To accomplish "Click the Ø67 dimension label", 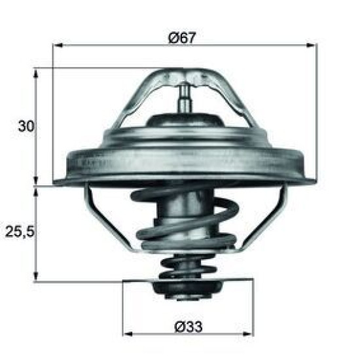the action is (x=183, y=38).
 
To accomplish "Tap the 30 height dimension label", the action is (x=26, y=126).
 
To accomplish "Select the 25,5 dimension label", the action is (x=20, y=232).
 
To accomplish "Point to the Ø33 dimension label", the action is (x=189, y=327).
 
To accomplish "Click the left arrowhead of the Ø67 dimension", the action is (x=58, y=45).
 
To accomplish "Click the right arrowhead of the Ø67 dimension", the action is (x=312, y=45).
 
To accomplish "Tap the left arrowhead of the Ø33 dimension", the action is (x=128, y=333).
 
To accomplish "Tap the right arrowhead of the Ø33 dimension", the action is (x=249, y=333).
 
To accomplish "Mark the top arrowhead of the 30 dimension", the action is (x=36, y=73).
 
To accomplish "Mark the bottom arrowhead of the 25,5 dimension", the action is (x=36, y=276).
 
